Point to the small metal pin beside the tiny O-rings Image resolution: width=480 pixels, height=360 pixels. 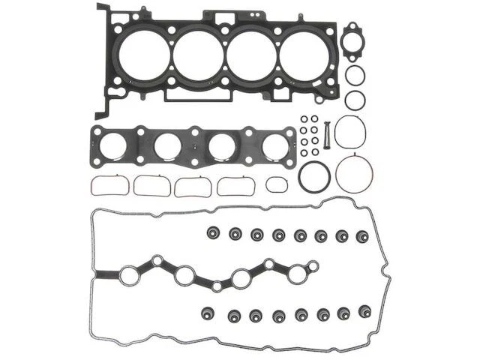coord(326,130)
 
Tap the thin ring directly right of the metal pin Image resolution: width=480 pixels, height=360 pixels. coord(351,132)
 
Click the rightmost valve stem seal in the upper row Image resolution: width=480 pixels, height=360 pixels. coord(366,235)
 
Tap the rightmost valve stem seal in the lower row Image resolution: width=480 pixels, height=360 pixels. coord(366,311)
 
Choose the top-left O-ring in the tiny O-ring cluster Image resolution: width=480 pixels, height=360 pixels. coord(302,118)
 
